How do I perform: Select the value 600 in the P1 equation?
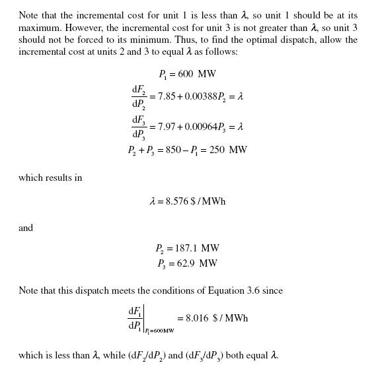187,75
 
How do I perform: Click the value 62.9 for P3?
186,263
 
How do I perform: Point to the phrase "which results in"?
50,178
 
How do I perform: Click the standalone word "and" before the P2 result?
26,228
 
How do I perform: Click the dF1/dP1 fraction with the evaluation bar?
136,318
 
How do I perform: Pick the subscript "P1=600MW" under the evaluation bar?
160,330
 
